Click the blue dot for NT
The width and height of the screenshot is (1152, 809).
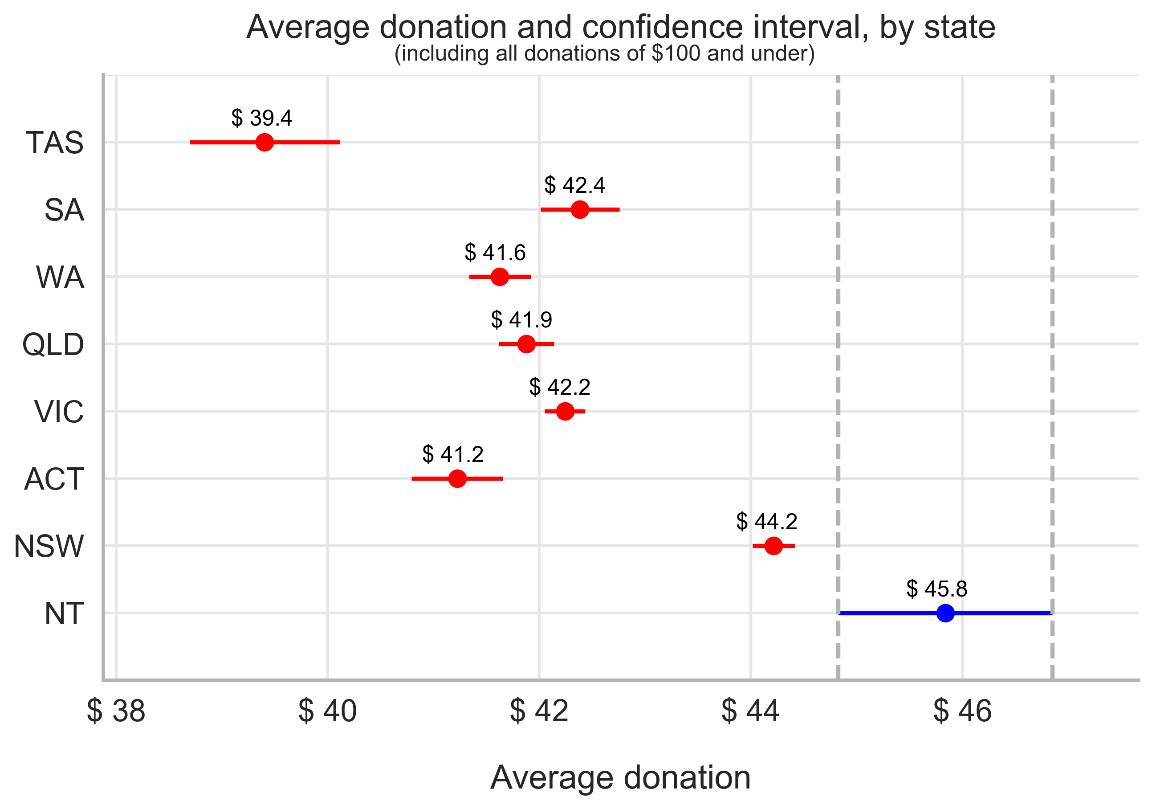[x=945, y=613]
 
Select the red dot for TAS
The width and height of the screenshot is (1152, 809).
[x=265, y=142]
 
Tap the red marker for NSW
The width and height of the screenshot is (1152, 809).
[x=773, y=546]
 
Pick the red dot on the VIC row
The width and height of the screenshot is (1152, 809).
[x=566, y=412]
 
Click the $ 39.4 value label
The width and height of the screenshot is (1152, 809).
[x=261, y=118]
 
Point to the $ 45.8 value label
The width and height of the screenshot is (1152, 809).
[x=937, y=588]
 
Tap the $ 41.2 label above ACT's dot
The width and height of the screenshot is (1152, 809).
[x=452, y=454]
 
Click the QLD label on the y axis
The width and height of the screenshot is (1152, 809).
[x=53, y=345]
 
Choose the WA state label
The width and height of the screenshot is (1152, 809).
[x=60, y=277]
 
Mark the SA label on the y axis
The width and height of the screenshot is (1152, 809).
[x=64, y=210]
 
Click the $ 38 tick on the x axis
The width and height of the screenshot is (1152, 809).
[x=116, y=711]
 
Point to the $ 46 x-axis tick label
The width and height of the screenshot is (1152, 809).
[x=962, y=711]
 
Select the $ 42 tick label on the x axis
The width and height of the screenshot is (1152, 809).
[x=539, y=711]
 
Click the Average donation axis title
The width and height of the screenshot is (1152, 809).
[x=620, y=778]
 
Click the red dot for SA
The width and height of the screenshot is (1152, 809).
[x=580, y=209]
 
